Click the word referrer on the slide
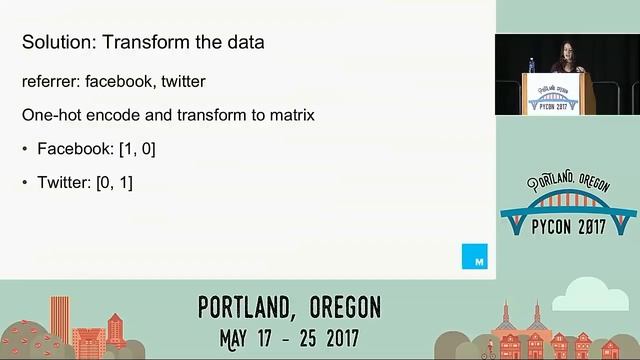pos(49,80)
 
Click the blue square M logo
pos(474,256)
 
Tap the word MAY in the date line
pos(222,335)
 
